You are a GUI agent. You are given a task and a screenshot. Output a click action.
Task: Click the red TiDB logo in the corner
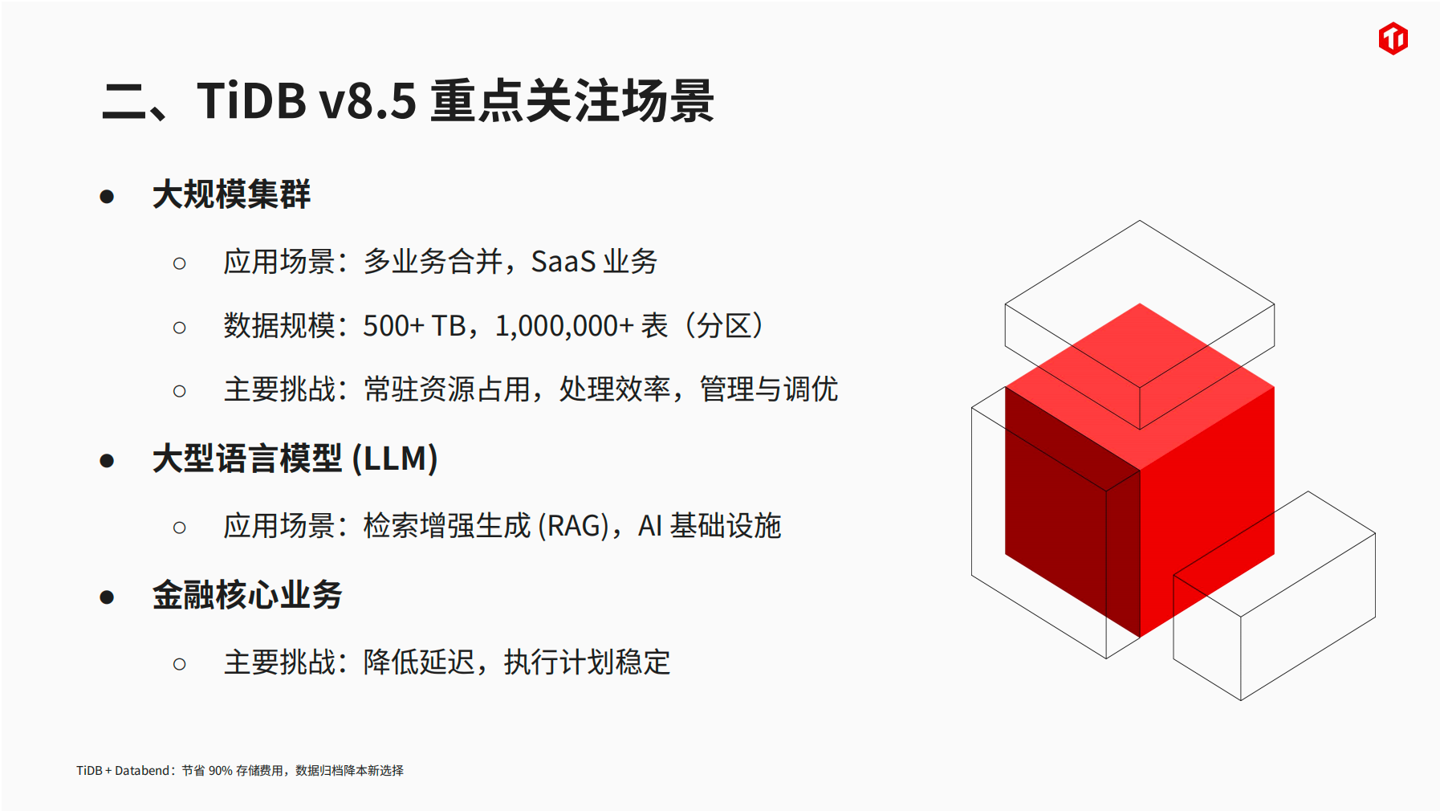click(x=1393, y=39)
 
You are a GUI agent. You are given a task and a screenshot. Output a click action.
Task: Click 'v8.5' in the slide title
click(x=368, y=102)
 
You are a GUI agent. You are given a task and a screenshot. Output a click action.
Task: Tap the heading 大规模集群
click(x=231, y=195)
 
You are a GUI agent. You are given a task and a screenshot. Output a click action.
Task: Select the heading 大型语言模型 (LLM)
click(x=295, y=459)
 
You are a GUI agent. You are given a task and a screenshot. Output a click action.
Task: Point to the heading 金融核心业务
click(x=247, y=596)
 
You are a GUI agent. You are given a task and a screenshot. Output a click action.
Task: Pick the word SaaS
click(x=563, y=262)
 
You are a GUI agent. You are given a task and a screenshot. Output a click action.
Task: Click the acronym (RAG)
click(x=573, y=527)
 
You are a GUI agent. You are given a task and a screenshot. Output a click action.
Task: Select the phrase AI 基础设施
click(x=710, y=527)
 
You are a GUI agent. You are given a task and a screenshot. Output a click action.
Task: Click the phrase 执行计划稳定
click(x=587, y=662)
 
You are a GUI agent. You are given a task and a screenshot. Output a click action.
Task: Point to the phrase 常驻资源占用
click(x=446, y=389)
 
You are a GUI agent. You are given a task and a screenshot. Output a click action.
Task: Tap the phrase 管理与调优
click(x=769, y=389)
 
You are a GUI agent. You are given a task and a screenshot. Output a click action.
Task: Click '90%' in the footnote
click(x=220, y=771)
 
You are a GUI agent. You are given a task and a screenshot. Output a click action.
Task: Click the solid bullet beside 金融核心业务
click(x=107, y=597)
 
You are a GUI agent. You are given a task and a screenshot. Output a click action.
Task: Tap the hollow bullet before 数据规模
click(x=180, y=328)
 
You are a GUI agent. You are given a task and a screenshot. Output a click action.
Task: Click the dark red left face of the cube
click(x=1072, y=511)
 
